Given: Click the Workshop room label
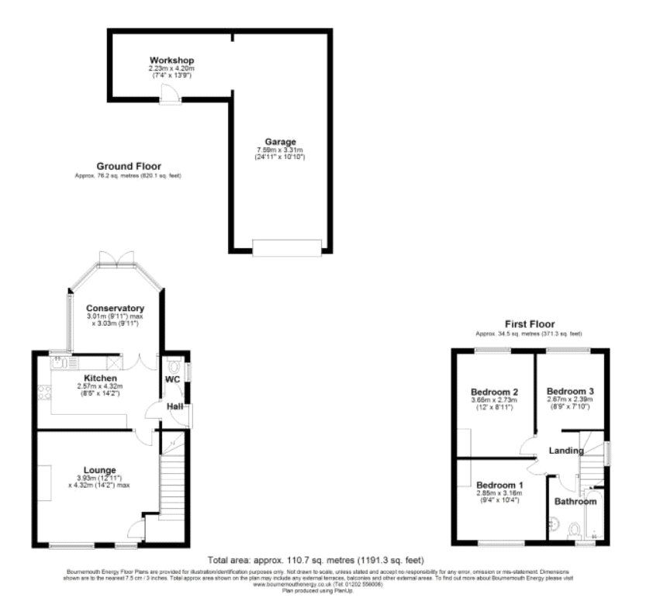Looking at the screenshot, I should pyautogui.click(x=171, y=60).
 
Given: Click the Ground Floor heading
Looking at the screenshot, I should pyautogui.click(x=129, y=166).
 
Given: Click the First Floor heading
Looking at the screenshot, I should pyautogui.click(x=530, y=324).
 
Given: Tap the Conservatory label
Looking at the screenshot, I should pyautogui.click(x=115, y=309).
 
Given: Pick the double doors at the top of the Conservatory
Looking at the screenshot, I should pyautogui.click(x=116, y=259).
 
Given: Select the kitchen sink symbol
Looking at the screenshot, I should pyautogui.click(x=60, y=361).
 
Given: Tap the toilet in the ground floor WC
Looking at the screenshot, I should pyautogui.click(x=174, y=365).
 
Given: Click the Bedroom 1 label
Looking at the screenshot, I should pyautogui.click(x=500, y=485).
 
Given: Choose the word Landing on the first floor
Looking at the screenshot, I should pyautogui.click(x=566, y=451).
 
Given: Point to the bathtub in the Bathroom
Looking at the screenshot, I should pyautogui.click(x=593, y=513).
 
